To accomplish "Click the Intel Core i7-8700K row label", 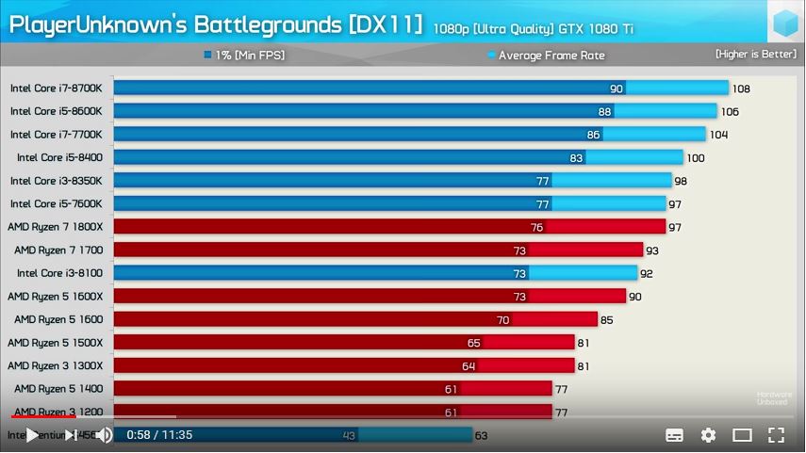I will click(56, 89).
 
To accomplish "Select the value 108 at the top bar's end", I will click(741, 89).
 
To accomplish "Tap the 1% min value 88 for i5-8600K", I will click(604, 111).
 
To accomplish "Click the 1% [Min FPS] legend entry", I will click(244, 56).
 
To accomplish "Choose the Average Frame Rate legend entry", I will click(546, 56).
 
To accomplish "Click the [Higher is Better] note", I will click(755, 54).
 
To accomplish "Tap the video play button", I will click(32, 435).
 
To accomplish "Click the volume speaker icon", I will click(104, 435).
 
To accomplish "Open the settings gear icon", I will click(708, 435).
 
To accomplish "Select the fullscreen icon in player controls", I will click(776, 435).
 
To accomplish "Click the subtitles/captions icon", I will click(674, 435).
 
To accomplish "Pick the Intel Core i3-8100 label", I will click(59, 273).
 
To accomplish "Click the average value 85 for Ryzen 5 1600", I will click(606, 320).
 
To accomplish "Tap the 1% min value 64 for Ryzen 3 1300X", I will click(469, 366).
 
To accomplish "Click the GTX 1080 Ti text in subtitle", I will click(598, 28).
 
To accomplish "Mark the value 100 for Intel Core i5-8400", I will click(696, 158).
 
